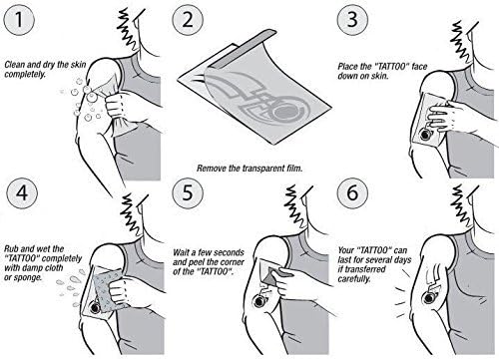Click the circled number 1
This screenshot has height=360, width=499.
(19, 19)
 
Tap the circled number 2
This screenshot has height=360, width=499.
(188, 19)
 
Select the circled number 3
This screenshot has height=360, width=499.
(352, 19)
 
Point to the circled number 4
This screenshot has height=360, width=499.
(22, 192)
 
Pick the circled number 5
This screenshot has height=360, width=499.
(188, 192)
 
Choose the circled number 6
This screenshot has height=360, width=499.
(352, 192)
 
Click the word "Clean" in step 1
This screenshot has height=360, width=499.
(15, 64)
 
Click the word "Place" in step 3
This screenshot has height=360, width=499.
(347, 67)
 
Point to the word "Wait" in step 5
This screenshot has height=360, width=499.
(181, 252)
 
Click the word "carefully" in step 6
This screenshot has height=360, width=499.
(354, 278)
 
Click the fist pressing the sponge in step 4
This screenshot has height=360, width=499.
(120, 290)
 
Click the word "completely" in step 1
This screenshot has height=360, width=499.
(25, 74)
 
